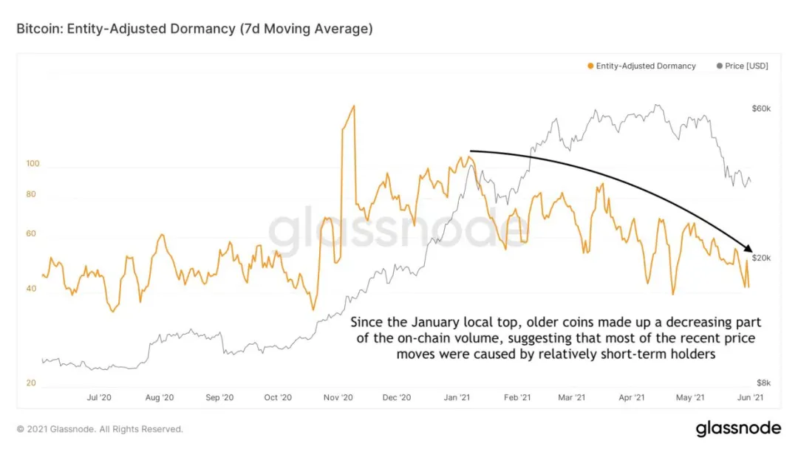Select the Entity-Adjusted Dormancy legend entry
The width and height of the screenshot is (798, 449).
click(642, 66)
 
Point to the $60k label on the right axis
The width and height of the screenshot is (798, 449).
click(761, 109)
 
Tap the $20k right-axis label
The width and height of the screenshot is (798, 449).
click(761, 258)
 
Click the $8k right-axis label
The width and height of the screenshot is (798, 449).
click(763, 383)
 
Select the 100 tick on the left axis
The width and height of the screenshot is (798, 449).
click(32, 163)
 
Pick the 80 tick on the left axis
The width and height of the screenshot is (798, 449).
click(32, 194)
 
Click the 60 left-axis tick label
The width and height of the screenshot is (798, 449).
click(32, 233)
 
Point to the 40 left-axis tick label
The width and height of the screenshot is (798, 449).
click(32, 289)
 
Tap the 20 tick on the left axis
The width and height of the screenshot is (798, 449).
click(32, 383)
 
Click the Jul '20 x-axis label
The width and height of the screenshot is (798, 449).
click(99, 397)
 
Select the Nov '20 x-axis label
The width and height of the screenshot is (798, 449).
click(337, 397)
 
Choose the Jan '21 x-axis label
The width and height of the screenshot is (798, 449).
click(456, 397)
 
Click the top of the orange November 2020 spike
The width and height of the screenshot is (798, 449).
click(353, 106)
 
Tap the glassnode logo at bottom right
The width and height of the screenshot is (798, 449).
click(738, 428)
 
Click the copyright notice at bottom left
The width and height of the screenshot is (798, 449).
click(100, 429)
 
